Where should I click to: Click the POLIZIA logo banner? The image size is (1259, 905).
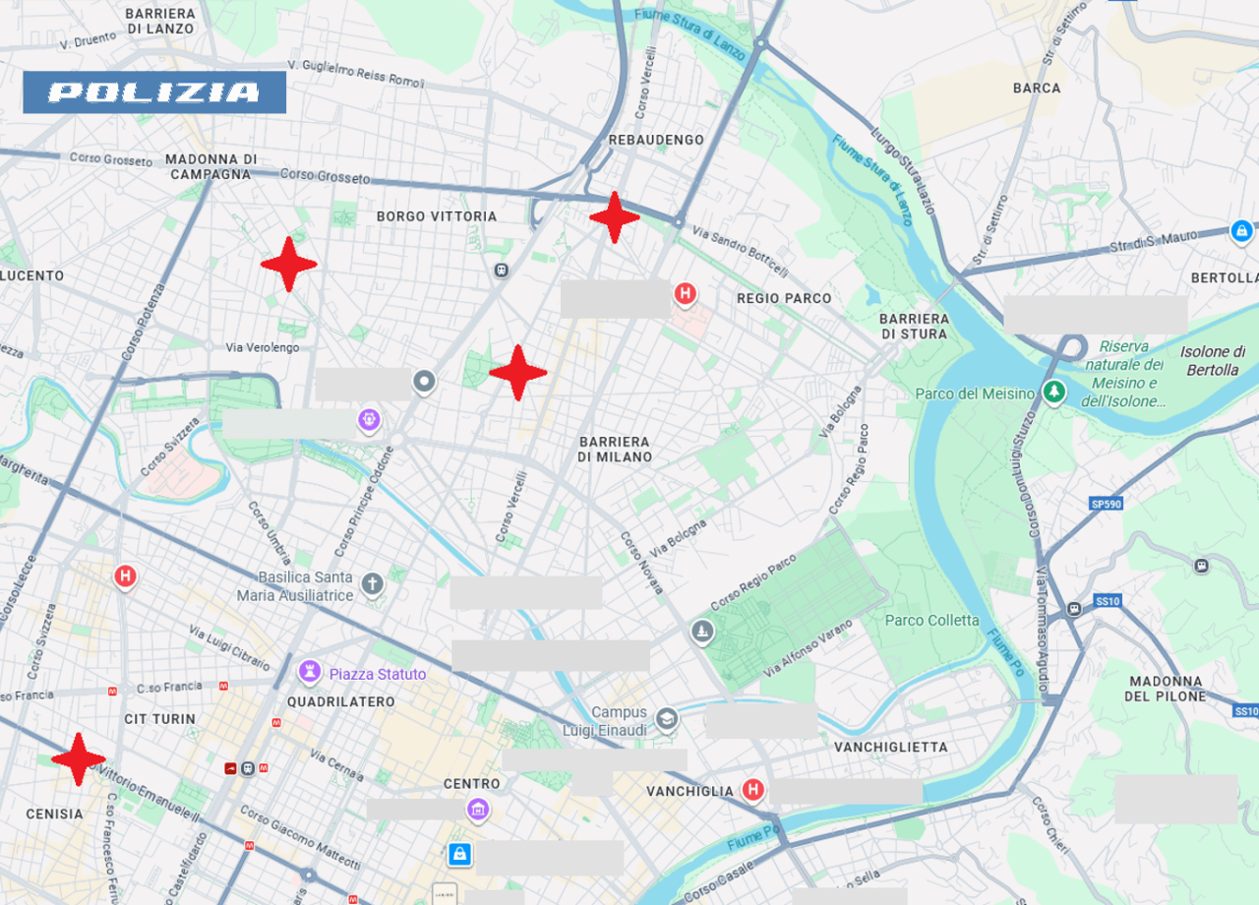click(x=154, y=92)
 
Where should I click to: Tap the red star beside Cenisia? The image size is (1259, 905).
click(x=78, y=758)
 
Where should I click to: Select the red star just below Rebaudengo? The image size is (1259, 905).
click(x=615, y=217)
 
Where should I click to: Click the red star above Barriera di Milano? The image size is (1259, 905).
click(x=517, y=373)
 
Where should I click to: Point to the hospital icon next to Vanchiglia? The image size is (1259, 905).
click(x=752, y=790)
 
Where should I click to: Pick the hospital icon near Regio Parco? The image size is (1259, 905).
click(x=686, y=293)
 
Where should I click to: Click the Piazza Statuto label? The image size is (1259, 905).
click(x=378, y=674)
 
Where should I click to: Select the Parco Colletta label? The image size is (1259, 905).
click(x=931, y=620)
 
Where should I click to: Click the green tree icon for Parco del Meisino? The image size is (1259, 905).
click(x=1054, y=392)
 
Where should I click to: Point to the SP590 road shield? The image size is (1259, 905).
click(x=1106, y=504)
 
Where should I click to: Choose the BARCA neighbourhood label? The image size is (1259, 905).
click(x=1037, y=88)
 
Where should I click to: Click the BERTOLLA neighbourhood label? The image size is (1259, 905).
click(x=1225, y=278)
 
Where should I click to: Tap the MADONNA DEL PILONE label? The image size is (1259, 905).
click(x=1166, y=689)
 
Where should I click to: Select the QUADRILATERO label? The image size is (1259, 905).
click(x=341, y=702)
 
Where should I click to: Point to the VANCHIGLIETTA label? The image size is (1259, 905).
click(x=891, y=747)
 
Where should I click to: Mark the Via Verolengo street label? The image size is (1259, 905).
click(x=263, y=347)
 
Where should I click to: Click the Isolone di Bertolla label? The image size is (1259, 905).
click(x=1213, y=360)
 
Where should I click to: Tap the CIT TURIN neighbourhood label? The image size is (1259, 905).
click(x=160, y=719)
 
